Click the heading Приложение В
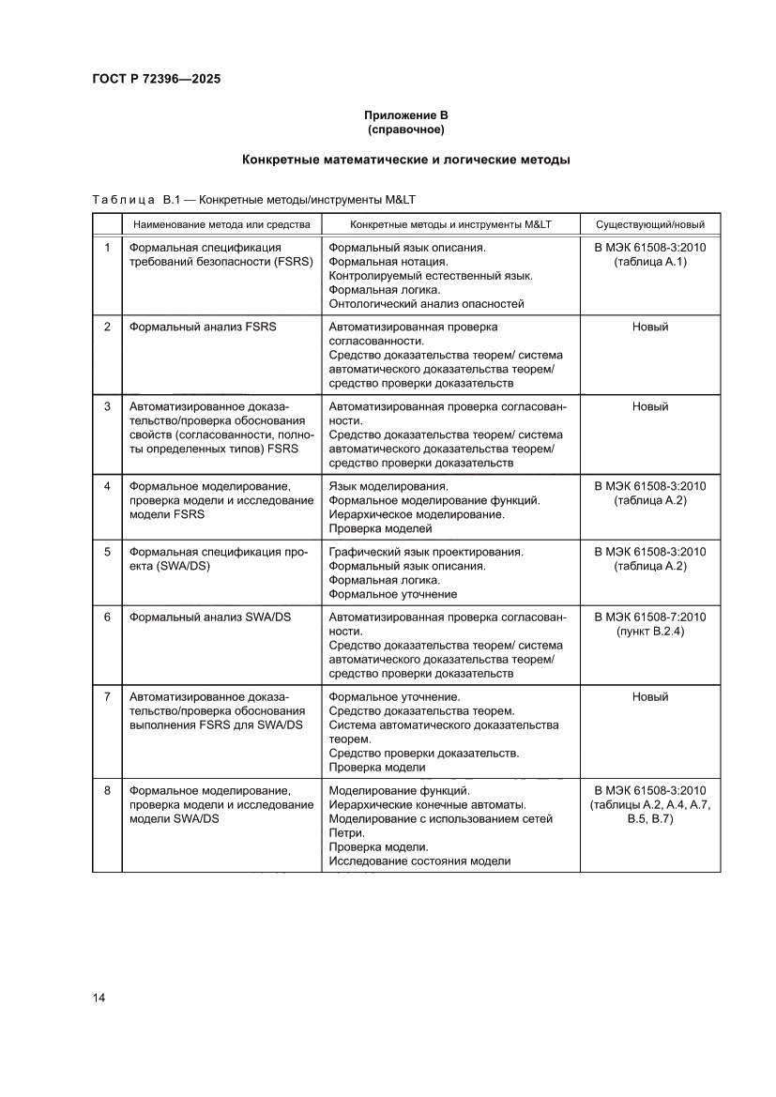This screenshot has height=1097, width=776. (x=405, y=115)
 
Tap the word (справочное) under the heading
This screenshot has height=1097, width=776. (x=405, y=129)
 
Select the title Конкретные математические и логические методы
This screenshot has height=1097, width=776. (x=405, y=160)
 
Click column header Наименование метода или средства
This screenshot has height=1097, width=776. (x=221, y=225)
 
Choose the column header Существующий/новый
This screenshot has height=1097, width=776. (x=649, y=225)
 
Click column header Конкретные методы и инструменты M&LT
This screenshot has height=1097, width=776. (x=449, y=225)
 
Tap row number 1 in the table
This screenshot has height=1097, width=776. (x=107, y=248)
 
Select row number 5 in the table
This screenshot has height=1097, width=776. (x=107, y=552)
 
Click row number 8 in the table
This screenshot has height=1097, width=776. (x=107, y=791)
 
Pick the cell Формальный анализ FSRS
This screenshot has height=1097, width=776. (x=202, y=328)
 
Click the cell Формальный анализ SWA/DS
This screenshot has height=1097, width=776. (x=210, y=617)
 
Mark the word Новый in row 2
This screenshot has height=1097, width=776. (x=649, y=328)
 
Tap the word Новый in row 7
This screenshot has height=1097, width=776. (x=649, y=697)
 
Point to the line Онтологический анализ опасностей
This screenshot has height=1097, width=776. (x=426, y=303)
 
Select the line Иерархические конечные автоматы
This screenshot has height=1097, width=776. (x=427, y=805)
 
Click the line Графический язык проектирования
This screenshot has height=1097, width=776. (x=426, y=552)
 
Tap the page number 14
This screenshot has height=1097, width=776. (x=99, y=998)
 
